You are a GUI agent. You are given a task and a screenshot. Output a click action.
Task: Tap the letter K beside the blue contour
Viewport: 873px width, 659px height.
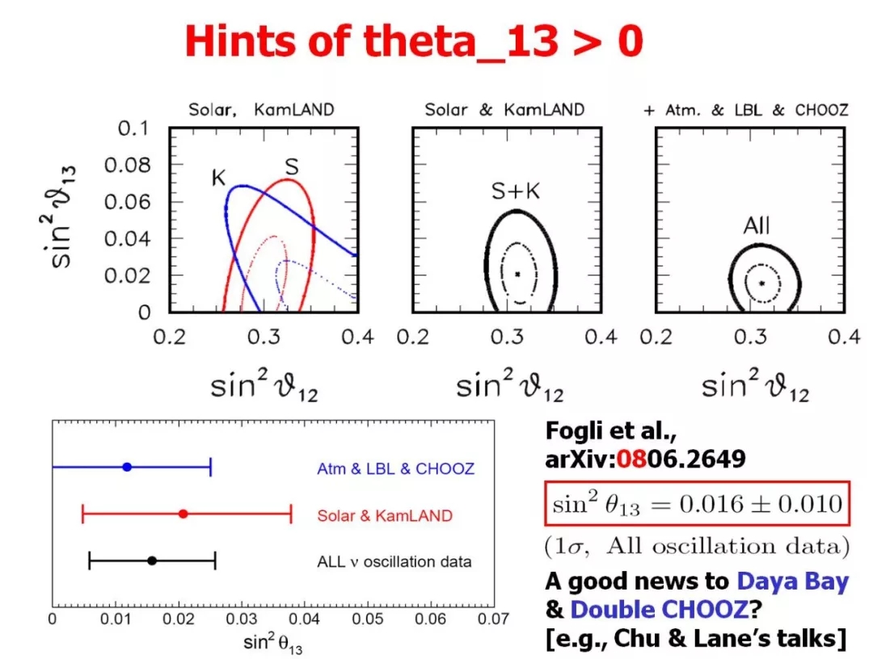click(x=219, y=178)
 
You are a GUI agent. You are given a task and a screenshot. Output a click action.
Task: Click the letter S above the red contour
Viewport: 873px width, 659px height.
click(x=293, y=167)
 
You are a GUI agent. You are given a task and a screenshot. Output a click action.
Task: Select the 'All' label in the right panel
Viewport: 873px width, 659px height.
click(x=757, y=228)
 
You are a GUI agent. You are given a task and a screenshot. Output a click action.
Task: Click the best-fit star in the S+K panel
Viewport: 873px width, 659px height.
click(x=518, y=274)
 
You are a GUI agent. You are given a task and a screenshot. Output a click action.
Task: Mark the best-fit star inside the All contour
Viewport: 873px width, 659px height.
click(x=761, y=283)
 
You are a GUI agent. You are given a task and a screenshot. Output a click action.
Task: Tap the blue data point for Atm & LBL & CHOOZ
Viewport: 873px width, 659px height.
click(x=127, y=467)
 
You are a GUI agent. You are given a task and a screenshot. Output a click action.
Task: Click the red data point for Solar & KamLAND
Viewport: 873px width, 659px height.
click(x=183, y=514)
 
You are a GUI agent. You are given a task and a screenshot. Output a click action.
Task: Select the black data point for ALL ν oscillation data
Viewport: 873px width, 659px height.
click(x=152, y=560)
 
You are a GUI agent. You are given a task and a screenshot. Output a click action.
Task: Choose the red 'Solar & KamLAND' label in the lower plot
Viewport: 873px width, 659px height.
click(x=385, y=515)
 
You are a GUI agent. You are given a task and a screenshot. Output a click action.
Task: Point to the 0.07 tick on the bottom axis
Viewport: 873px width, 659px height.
click(x=496, y=620)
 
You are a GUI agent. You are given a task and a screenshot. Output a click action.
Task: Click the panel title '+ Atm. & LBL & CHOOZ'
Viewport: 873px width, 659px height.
click(x=746, y=110)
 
